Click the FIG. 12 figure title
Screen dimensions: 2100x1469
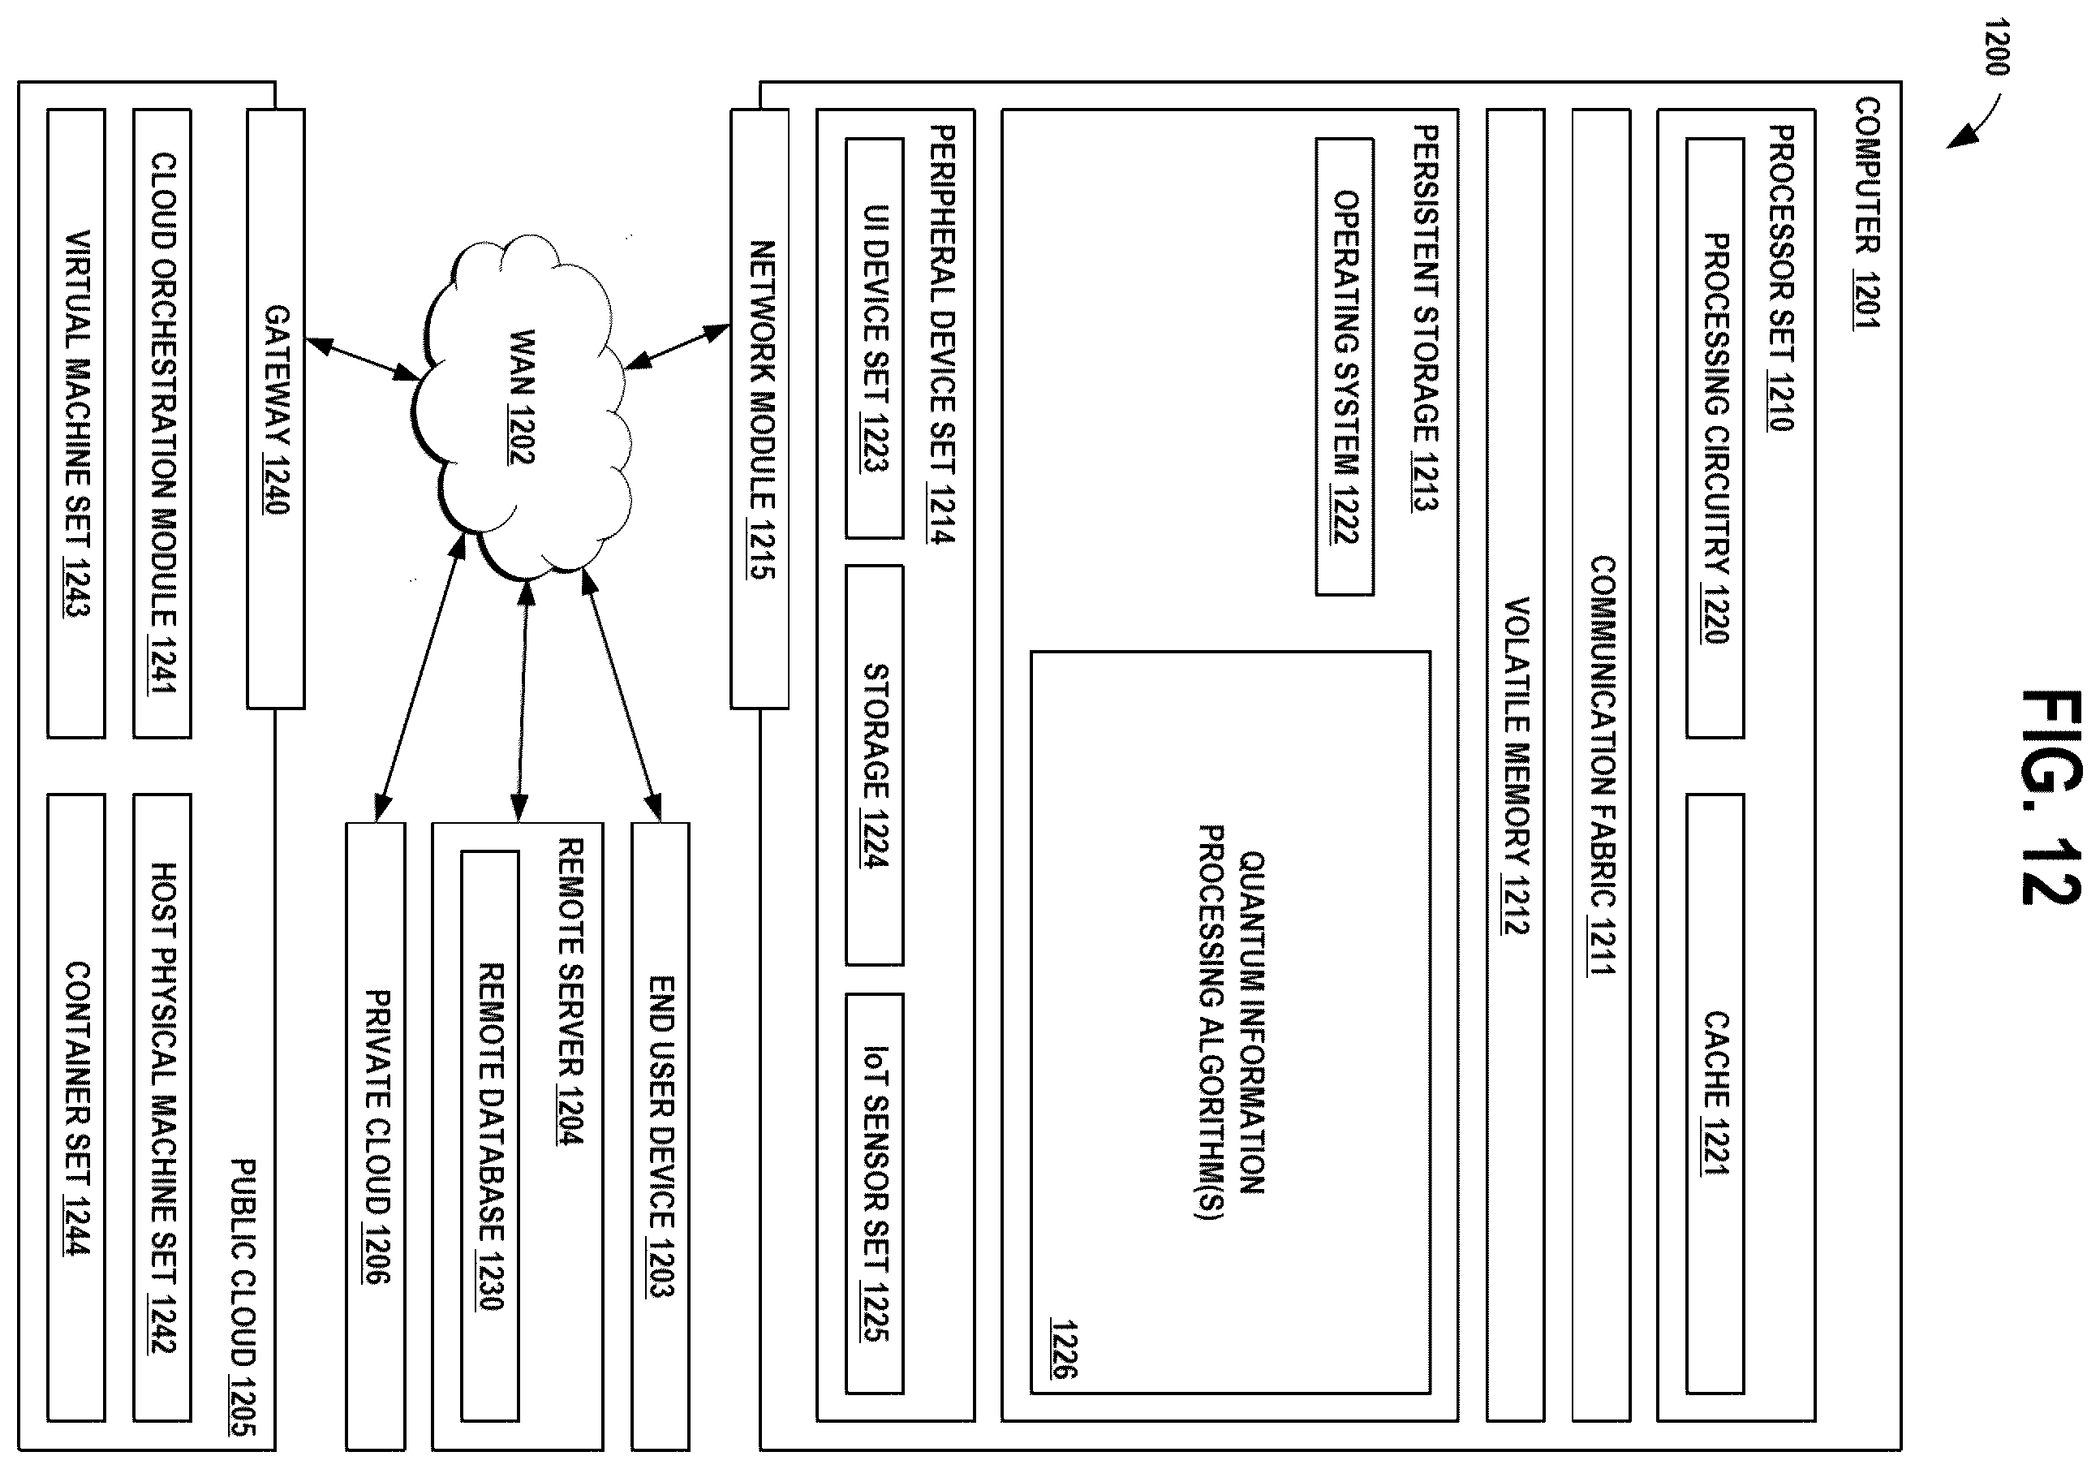2051,798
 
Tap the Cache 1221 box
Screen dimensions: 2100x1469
1715,1093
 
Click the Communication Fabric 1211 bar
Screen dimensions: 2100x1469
1601,765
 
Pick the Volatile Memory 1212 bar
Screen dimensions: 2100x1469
1516,765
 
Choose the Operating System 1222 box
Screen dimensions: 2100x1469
1345,367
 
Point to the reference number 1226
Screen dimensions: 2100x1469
1064,1348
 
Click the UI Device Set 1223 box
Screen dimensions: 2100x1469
875,338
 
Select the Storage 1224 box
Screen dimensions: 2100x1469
875,765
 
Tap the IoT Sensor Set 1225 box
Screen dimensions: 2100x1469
875,1194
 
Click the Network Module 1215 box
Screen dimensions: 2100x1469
760,409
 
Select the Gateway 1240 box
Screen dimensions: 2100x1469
275,409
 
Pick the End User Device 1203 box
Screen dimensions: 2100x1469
661,1135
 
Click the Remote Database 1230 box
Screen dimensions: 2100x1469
489,1136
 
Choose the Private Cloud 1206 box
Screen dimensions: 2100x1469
375,1135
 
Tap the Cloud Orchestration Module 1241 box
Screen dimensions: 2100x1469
162,424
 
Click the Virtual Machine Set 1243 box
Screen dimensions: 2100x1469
76,424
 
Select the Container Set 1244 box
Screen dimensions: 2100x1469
76,1108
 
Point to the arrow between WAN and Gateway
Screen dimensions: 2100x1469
361,359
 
